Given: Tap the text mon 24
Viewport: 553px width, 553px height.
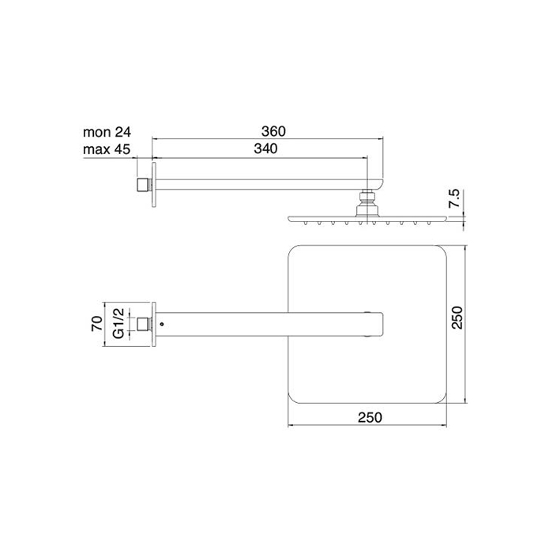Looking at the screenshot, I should pyautogui.click(x=105, y=132).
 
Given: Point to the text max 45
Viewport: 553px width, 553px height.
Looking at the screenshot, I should pyautogui.click(x=105, y=149).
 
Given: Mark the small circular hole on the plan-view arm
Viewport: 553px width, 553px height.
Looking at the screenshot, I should pyautogui.click(x=162, y=323).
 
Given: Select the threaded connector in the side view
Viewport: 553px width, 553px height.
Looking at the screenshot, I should pyautogui.click(x=142, y=185).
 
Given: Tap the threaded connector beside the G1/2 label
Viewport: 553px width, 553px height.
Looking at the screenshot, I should pyautogui.click(x=142, y=323).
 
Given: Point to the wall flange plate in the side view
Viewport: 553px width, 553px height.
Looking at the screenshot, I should pyautogui.click(x=154, y=185).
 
